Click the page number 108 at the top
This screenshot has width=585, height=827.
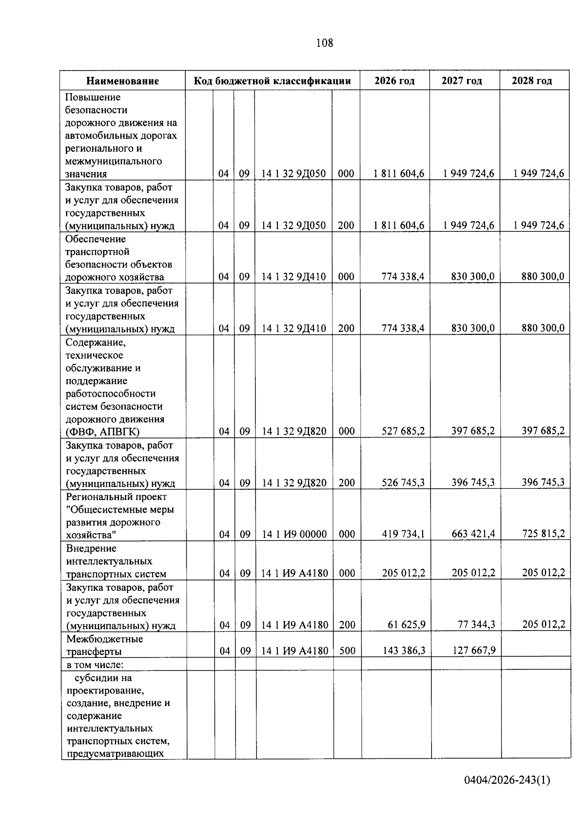[x=324, y=43]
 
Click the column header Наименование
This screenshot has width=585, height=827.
[x=123, y=81]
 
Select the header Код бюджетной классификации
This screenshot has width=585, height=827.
[x=273, y=81]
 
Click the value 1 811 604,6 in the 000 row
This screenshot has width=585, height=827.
[x=399, y=173]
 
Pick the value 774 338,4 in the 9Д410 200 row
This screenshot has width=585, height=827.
[x=403, y=328]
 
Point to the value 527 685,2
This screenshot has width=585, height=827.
[x=403, y=431]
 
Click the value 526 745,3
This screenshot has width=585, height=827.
[x=403, y=483]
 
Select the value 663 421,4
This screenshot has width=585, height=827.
[x=473, y=534]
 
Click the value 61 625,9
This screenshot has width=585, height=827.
[x=407, y=625]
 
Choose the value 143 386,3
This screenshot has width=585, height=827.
[x=404, y=651]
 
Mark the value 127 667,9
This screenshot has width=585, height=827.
[x=473, y=651]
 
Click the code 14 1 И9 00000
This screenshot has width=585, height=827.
[x=294, y=535]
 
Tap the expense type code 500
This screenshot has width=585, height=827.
[x=347, y=651]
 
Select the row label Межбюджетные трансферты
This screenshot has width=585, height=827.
[x=104, y=645]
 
